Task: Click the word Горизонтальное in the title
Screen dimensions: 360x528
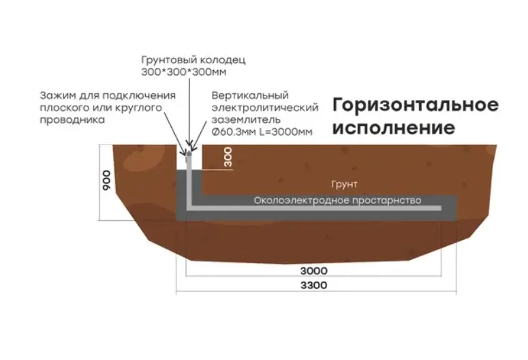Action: pos(416,105)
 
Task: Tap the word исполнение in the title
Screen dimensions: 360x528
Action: pos(393,127)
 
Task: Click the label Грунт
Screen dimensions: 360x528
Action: pos(344,185)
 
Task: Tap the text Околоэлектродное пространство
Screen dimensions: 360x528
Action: pos(337,201)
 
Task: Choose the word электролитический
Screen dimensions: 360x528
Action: pos(265,107)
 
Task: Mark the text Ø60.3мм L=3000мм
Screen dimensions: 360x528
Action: pos(262,132)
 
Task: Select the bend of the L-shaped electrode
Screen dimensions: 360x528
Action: pos(190,205)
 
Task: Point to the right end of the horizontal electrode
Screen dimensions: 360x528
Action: pos(439,205)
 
